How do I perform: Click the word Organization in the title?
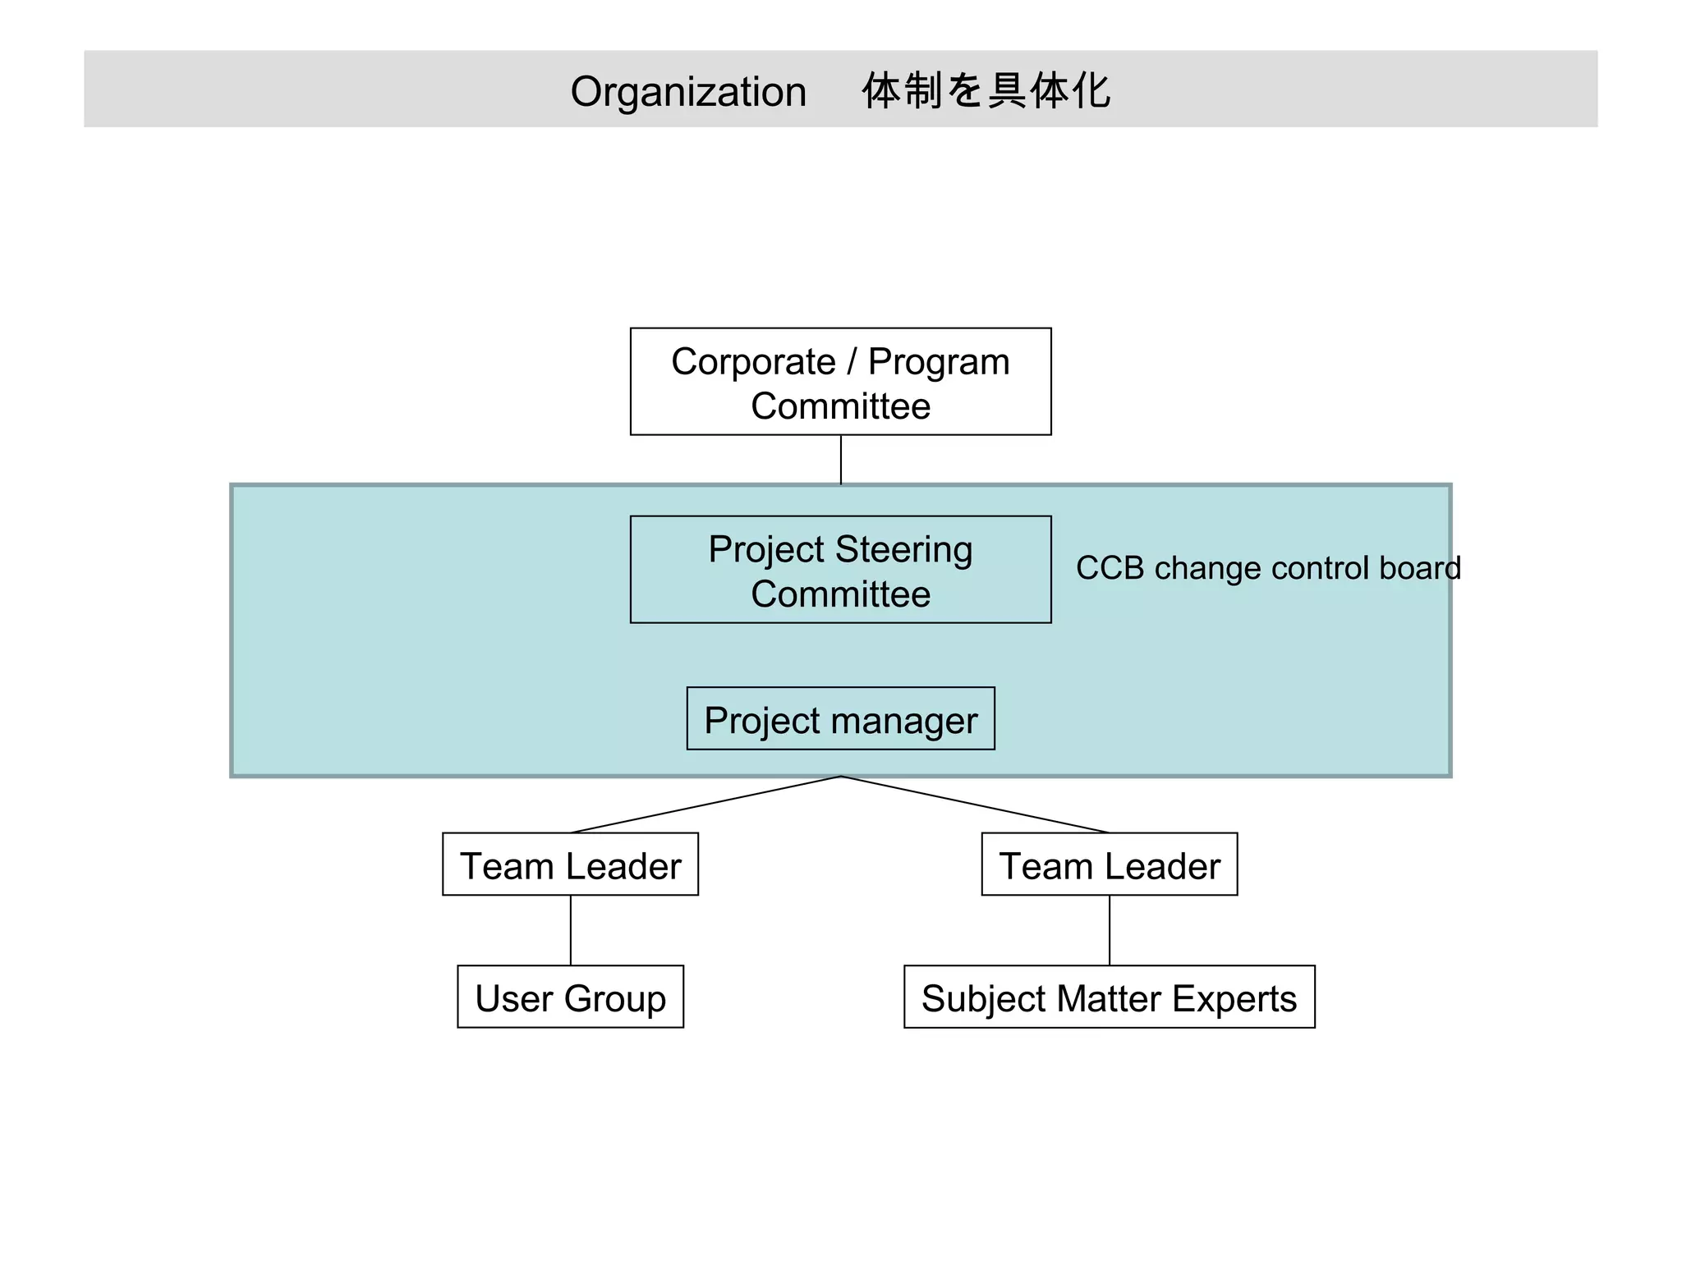coord(688,91)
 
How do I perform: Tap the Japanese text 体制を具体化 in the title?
coord(986,90)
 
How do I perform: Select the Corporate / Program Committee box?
coord(840,382)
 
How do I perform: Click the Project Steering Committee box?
coord(840,570)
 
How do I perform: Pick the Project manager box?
coord(840,719)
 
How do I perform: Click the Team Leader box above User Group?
coord(570,864)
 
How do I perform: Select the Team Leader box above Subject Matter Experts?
coord(1109,864)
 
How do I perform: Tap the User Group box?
coord(570,997)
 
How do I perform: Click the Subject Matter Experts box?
coord(1109,997)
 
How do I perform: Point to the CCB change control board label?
coord(1267,568)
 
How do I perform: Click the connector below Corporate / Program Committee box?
coord(841,460)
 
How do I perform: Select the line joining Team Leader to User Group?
coord(571,930)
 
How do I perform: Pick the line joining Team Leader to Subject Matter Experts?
coord(1110,930)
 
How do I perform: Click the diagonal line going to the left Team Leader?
coord(706,805)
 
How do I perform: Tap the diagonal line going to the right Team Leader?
coord(976,805)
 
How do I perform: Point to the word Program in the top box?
coord(939,363)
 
